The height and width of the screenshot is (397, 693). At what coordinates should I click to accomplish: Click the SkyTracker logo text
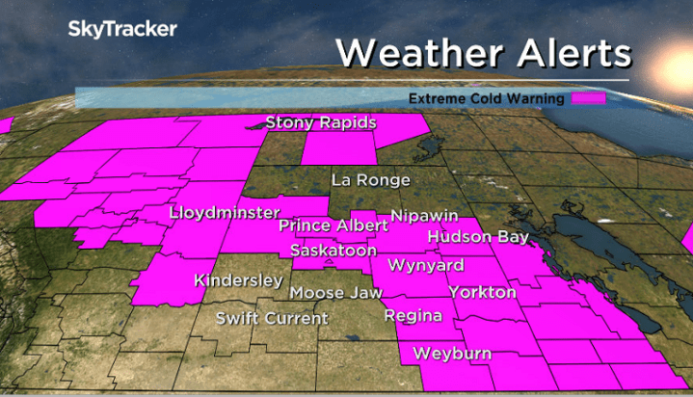(x=121, y=29)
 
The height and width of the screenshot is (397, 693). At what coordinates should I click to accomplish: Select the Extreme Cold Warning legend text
(x=487, y=98)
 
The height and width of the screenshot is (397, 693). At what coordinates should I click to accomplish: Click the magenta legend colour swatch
(x=588, y=98)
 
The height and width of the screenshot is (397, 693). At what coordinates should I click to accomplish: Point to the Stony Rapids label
(x=320, y=123)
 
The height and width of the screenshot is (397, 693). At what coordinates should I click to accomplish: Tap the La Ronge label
(x=370, y=180)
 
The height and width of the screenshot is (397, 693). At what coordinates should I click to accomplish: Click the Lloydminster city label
(x=224, y=212)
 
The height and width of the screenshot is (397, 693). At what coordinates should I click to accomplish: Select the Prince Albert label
(x=333, y=225)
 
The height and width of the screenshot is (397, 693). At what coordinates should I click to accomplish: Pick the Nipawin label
(x=424, y=216)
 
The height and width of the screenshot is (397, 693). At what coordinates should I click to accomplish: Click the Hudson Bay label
(x=478, y=237)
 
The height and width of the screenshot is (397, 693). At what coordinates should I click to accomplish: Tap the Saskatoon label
(x=333, y=251)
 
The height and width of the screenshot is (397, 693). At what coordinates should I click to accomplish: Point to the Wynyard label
(x=425, y=265)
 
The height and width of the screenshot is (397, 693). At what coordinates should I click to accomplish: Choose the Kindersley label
(x=238, y=281)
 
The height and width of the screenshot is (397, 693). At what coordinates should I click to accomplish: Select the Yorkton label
(x=482, y=292)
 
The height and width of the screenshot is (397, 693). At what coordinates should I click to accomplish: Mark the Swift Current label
(x=272, y=318)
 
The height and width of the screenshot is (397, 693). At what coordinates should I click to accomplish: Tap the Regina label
(x=413, y=316)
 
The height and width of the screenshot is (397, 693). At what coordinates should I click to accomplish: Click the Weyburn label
(x=452, y=354)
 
